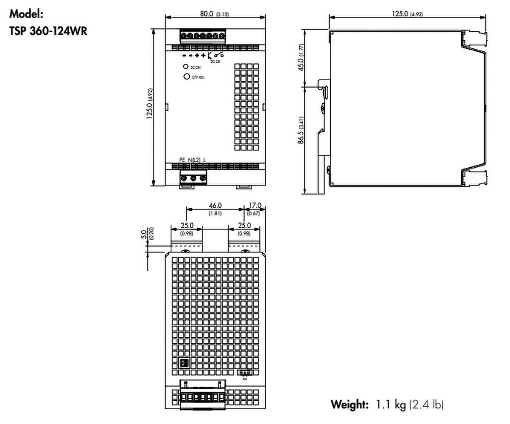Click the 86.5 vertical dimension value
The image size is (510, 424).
coord(301,136)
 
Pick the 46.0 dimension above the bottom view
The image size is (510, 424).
coord(215,205)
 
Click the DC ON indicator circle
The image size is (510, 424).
coord(185,67)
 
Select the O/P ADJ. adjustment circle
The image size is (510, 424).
coord(187,77)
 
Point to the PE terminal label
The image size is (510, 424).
coord(182,159)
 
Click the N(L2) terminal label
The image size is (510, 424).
coord(195,159)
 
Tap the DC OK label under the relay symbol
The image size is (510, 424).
coord(216,61)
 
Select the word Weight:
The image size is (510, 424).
coord(350,404)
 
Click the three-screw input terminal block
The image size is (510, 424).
coord(193,177)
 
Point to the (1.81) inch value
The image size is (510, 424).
coord(215,213)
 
